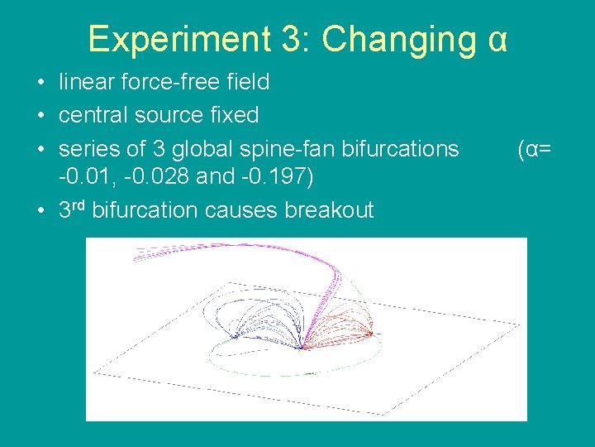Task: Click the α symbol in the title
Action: (497, 39)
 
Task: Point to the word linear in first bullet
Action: (84, 82)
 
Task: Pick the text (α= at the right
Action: (535, 149)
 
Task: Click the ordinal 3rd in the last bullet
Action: (73, 209)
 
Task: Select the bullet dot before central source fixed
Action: (40, 116)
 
